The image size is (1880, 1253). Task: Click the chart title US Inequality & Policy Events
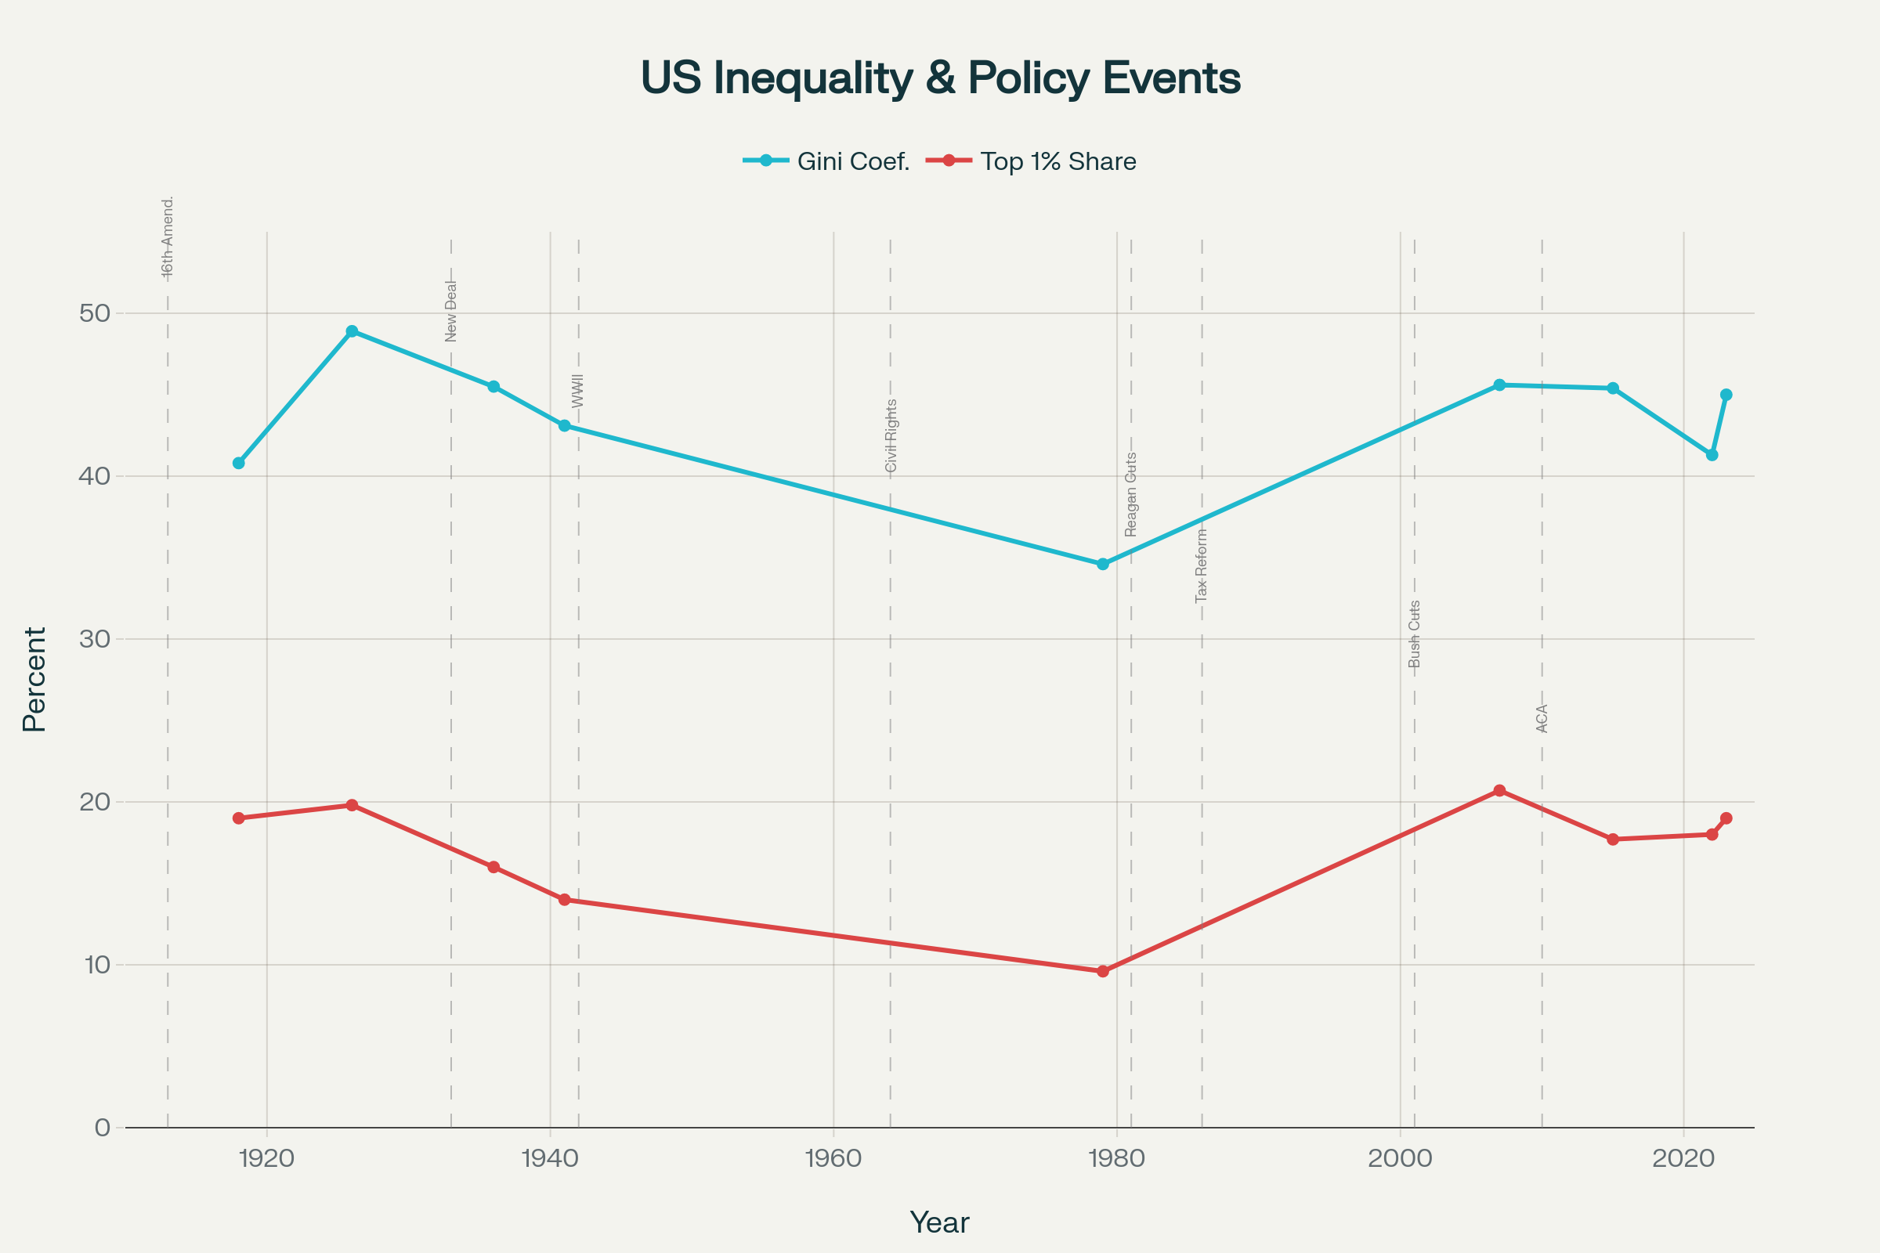(x=940, y=78)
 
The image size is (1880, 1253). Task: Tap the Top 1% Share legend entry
(x=1031, y=161)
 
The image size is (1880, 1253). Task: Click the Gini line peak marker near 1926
(x=352, y=331)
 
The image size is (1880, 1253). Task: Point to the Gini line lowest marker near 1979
(x=1103, y=564)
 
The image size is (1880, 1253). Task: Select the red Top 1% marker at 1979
(x=1103, y=972)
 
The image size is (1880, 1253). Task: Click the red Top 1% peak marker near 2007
(x=1499, y=791)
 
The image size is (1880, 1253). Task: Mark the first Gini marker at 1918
(x=238, y=464)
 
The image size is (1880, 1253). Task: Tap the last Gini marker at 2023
(x=1726, y=395)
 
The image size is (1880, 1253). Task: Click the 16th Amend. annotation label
(x=168, y=237)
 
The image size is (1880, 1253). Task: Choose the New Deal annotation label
(x=451, y=311)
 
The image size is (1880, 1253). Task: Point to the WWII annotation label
(x=578, y=391)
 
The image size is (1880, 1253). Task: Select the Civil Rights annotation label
(x=891, y=435)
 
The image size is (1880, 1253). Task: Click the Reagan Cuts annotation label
(x=1131, y=495)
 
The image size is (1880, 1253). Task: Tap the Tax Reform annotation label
(x=1202, y=565)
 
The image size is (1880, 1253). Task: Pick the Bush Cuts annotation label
(x=1415, y=634)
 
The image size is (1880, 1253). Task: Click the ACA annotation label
(x=1542, y=718)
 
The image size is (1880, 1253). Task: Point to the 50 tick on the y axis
(x=94, y=313)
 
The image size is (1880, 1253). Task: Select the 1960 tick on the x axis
(x=833, y=1159)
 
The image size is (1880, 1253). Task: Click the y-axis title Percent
(x=34, y=679)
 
